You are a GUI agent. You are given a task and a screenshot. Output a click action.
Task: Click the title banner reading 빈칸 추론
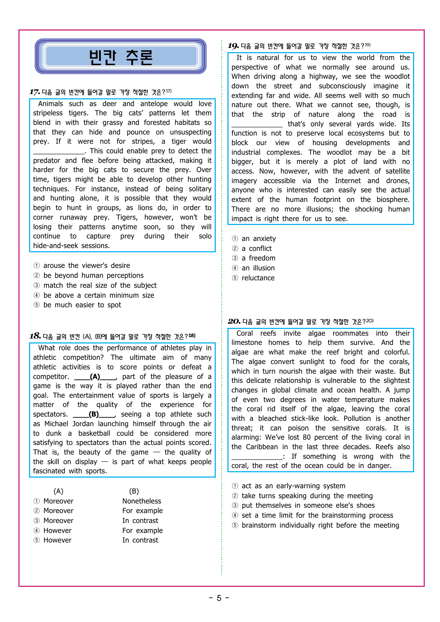pyautogui.click(x=121, y=57)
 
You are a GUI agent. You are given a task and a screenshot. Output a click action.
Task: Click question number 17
pyautogui.click(x=34, y=92)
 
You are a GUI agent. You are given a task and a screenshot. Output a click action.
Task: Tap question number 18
pyautogui.click(x=35, y=336)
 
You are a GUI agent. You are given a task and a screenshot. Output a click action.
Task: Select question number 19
pyautogui.click(x=233, y=46)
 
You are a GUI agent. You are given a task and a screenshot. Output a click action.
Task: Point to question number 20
pyautogui.click(x=234, y=321)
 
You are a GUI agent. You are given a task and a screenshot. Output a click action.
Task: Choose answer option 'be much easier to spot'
pyautogui.click(x=82, y=305)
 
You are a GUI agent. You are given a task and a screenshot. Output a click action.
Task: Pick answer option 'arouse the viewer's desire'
pyautogui.click(x=86, y=266)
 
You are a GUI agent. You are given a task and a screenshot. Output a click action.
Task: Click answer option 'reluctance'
pyautogui.click(x=258, y=278)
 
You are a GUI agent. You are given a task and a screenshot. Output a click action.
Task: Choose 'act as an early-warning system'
pyautogui.click(x=293, y=486)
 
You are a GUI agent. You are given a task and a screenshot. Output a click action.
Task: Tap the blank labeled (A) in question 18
pyautogui.click(x=95, y=377)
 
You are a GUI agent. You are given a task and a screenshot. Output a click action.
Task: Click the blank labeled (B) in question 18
pyautogui.click(x=94, y=414)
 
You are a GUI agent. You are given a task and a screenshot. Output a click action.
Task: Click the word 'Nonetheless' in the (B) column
pyautogui.click(x=142, y=501)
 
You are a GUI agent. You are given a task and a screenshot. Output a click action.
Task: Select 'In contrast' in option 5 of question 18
pyautogui.click(x=140, y=540)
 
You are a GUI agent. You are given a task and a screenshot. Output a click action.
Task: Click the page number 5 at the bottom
pyautogui.click(x=219, y=598)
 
